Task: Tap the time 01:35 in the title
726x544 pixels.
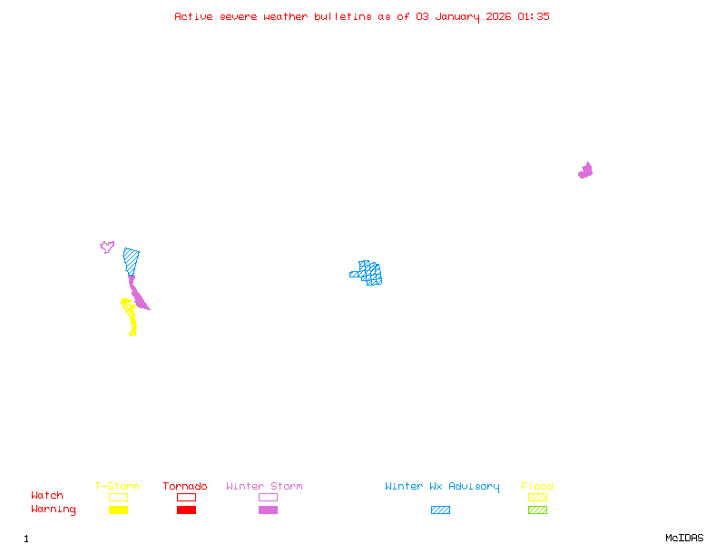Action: (x=534, y=16)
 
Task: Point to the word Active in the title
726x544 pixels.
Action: (x=193, y=16)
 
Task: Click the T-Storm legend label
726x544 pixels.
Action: (x=117, y=487)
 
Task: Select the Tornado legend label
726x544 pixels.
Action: (x=185, y=487)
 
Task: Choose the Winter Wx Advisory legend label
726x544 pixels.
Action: (x=442, y=487)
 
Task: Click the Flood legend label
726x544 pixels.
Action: (x=537, y=487)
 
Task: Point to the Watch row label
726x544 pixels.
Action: (x=47, y=496)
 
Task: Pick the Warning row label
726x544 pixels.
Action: (x=54, y=510)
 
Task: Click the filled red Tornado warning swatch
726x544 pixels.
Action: (x=186, y=510)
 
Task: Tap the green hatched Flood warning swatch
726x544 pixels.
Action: (x=537, y=510)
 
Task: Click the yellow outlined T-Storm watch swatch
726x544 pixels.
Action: (x=118, y=497)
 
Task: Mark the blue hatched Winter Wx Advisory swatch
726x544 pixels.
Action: (x=440, y=510)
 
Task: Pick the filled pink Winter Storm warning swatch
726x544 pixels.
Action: (x=268, y=510)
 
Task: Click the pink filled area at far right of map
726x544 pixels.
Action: (x=585, y=170)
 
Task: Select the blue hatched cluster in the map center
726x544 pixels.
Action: (x=368, y=272)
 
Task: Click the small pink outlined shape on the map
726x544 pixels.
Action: (x=107, y=247)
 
